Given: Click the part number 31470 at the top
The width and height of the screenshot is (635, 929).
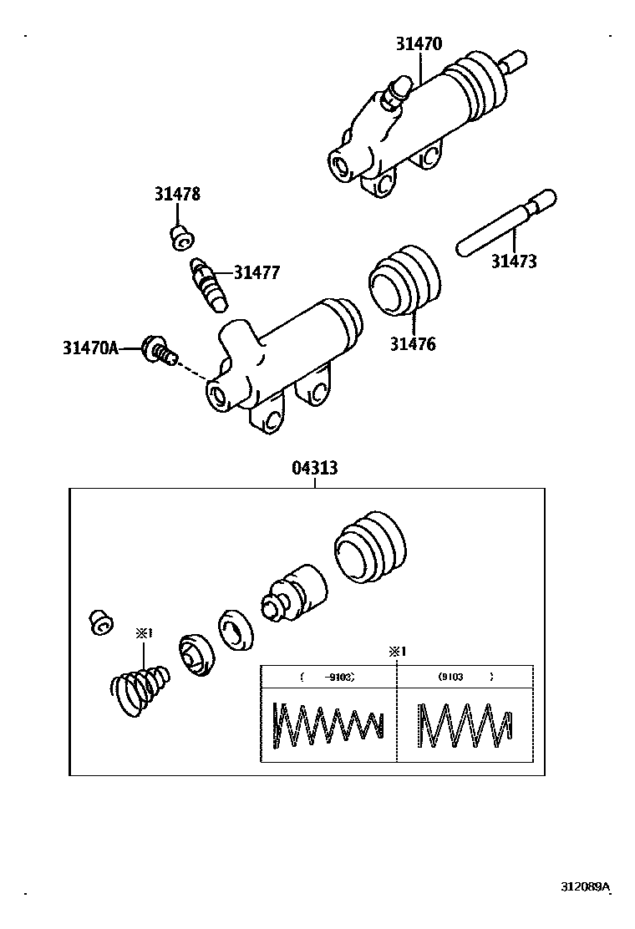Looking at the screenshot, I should tap(419, 44).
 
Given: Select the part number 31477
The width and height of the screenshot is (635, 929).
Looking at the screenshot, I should tap(257, 272).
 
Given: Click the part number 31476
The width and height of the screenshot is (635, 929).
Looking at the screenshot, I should tap(412, 343).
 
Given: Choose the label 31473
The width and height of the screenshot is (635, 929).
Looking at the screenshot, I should tap(513, 261).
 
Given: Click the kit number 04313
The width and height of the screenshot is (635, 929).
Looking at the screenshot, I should tap(315, 468).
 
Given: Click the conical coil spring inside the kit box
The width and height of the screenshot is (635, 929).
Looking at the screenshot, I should tap(140, 689).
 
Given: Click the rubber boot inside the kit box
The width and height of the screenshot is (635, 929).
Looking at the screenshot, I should tap(369, 548).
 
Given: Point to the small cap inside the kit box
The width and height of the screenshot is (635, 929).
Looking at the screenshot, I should tap(100, 622).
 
